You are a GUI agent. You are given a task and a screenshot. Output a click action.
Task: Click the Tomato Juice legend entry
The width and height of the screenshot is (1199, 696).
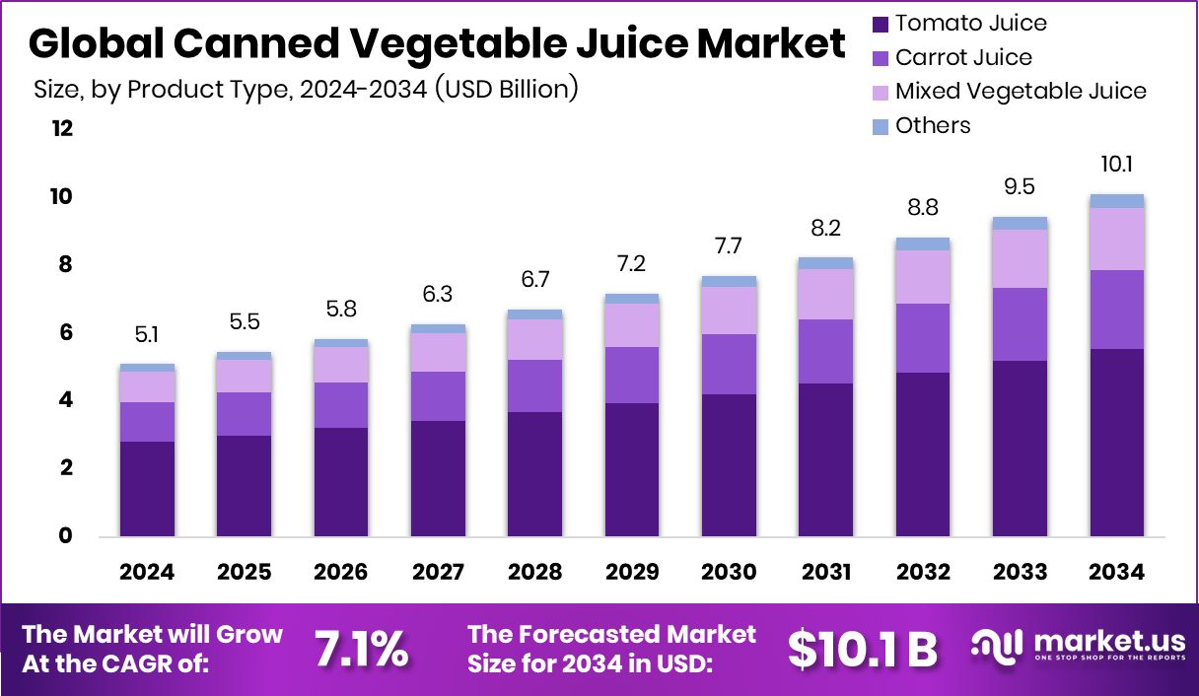point(970,23)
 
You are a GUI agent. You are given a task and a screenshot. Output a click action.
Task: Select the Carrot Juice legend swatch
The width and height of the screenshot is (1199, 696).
point(881,58)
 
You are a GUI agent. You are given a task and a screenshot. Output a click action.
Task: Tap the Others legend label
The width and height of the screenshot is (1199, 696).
point(933,126)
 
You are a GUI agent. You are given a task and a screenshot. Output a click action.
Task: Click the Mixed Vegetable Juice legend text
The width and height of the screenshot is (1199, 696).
point(1021,92)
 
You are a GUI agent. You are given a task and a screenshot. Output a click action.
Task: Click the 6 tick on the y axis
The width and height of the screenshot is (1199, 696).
point(65,333)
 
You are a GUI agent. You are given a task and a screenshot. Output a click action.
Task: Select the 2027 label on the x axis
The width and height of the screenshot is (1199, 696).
point(438,573)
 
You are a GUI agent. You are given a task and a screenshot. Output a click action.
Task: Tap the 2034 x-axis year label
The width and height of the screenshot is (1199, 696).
point(1116,573)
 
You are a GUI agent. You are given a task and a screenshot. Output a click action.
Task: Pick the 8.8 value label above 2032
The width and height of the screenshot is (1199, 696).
point(923,209)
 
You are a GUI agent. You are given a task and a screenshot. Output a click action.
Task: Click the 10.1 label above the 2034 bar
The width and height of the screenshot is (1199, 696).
point(1116,164)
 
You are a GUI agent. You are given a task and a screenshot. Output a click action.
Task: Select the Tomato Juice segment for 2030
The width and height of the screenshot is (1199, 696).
point(729,464)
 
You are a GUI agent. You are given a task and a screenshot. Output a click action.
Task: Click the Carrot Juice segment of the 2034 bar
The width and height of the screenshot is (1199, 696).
point(1116,309)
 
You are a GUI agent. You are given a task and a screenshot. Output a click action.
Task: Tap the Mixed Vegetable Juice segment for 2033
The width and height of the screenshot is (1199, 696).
point(1020,258)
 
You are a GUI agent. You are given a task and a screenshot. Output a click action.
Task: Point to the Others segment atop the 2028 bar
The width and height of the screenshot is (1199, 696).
point(534,314)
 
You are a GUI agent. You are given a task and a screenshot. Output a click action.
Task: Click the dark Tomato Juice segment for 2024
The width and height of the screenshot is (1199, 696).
point(147,488)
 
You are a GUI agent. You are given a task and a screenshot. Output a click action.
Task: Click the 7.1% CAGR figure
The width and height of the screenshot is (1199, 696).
point(361,648)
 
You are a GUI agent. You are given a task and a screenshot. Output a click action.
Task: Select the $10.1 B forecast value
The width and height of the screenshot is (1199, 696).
point(862,648)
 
